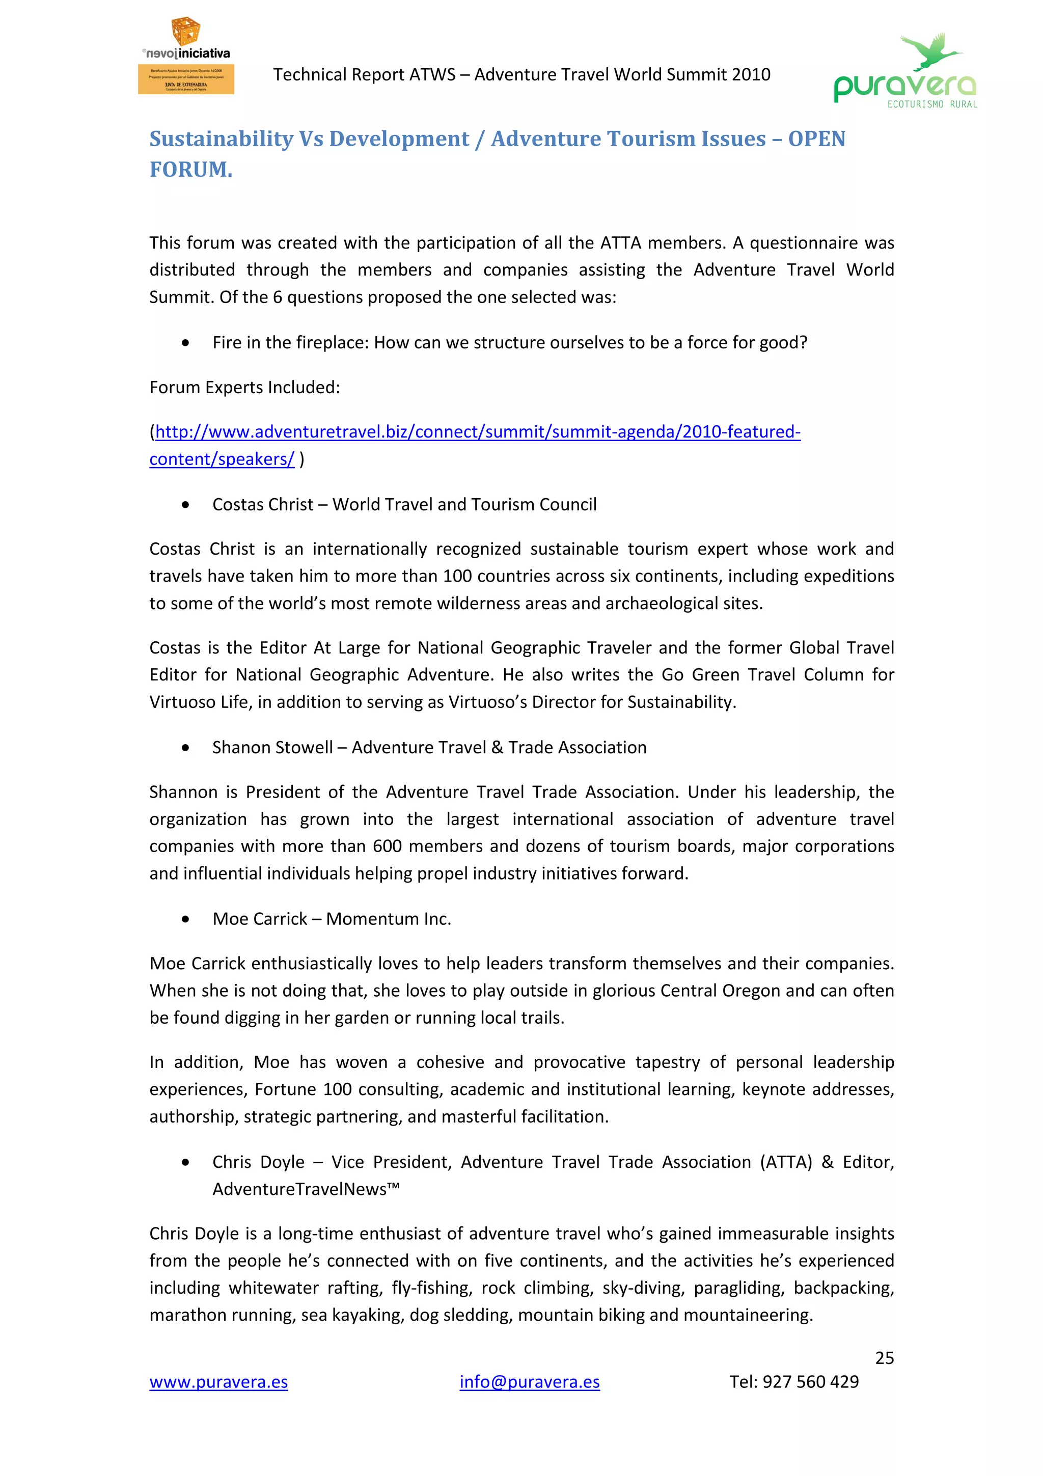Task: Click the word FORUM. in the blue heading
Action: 191,170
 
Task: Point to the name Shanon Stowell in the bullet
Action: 272,748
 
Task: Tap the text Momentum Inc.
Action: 388,919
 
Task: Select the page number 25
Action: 884,1358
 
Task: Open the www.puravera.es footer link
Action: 218,1382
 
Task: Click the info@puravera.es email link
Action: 530,1382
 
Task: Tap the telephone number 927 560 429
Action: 810,1382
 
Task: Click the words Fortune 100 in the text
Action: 303,1089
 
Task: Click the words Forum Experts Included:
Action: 244,388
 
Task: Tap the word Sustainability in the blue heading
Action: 221,139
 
